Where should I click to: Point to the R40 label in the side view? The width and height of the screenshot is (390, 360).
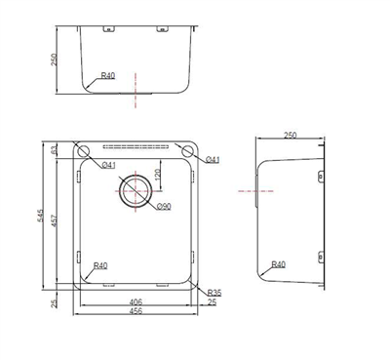pyautogui.click(x=279, y=264)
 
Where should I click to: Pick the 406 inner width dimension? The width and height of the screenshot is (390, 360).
pyautogui.click(x=136, y=301)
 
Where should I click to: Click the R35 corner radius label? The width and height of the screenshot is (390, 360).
pyautogui.click(x=214, y=293)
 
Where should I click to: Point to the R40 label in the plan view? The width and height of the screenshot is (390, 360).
pyautogui.click(x=100, y=266)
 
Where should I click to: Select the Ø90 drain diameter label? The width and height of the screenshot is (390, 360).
pyautogui.click(x=162, y=206)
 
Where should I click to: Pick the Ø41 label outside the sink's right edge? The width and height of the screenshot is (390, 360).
pyautogui.click(x=214, y=159)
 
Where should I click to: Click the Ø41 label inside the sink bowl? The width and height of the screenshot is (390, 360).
pyautogui.click(x=109, y=165)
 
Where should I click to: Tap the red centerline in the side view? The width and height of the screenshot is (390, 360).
pyautogui.click(x=246, y=191)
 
